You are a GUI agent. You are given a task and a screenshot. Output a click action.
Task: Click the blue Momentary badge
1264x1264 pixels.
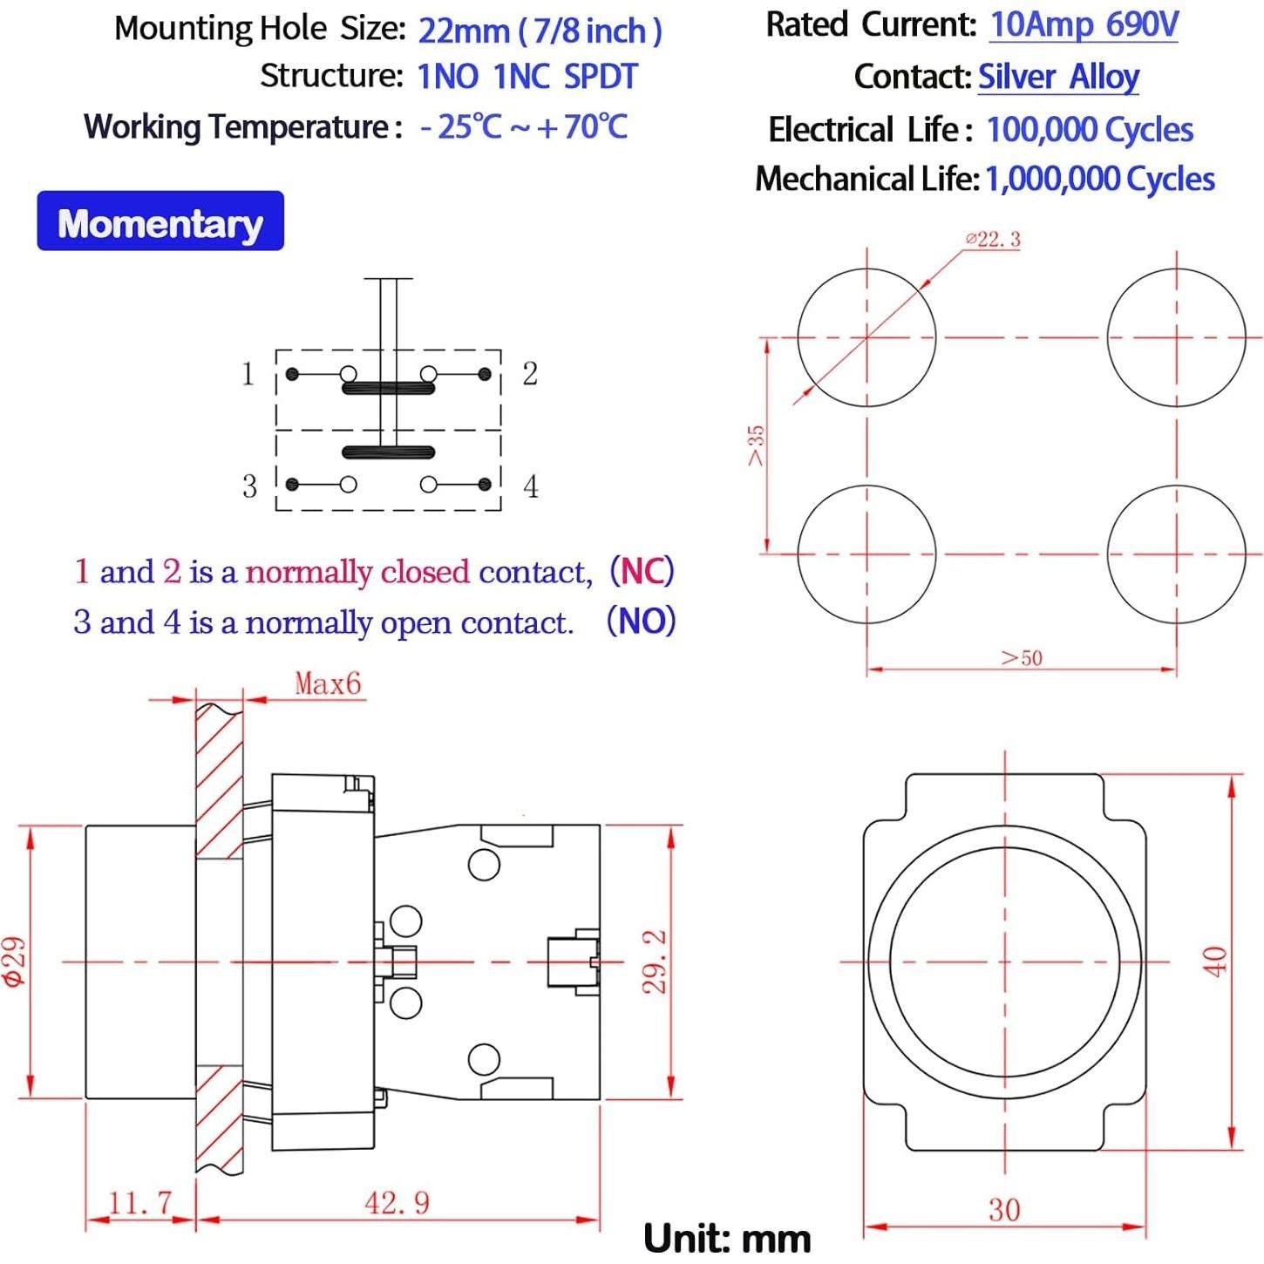tap(160, 221)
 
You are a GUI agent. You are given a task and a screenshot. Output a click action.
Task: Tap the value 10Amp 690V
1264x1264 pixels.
tap(1084, 25)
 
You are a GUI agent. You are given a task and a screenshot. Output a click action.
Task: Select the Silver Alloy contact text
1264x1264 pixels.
tap(1058, 78)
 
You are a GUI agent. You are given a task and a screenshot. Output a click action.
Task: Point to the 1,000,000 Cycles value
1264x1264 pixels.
tap(1100, 179)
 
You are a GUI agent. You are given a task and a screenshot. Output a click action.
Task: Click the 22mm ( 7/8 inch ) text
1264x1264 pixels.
tap(540, 31)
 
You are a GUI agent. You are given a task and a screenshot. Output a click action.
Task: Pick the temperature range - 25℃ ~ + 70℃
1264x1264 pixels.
tap(523, 126)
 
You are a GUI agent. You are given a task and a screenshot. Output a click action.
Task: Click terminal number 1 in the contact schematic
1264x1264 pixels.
tap(248, 374)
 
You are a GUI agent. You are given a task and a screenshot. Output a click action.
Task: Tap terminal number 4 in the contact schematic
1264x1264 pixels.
tap(531, 486)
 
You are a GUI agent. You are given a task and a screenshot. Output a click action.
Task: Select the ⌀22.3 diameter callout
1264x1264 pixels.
tap(993, 240)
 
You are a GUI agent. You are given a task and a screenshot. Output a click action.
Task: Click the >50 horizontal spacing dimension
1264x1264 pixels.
tap(1022, 657)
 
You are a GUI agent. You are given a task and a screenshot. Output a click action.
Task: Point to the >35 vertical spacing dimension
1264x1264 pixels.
tap(757, 445)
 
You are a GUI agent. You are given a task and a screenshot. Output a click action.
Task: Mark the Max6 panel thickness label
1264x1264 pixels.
tap(328, 683)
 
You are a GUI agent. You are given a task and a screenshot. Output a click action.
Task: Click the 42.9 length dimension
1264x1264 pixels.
tap(398, 1203)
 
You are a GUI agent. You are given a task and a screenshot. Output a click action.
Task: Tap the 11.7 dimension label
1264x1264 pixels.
tap(139, 1203)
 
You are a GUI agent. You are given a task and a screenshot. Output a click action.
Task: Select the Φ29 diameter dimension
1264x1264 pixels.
tap(15, 962)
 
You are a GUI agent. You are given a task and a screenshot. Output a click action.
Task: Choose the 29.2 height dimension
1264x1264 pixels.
tap(655, 962)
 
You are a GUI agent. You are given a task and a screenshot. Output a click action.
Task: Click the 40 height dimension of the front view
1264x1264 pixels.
tap(1216, 962)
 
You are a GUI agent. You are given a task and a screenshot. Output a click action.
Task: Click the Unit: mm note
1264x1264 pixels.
tap(727, 1239)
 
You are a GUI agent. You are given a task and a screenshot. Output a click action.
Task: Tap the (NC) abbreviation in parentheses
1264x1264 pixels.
tap(642, 571)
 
